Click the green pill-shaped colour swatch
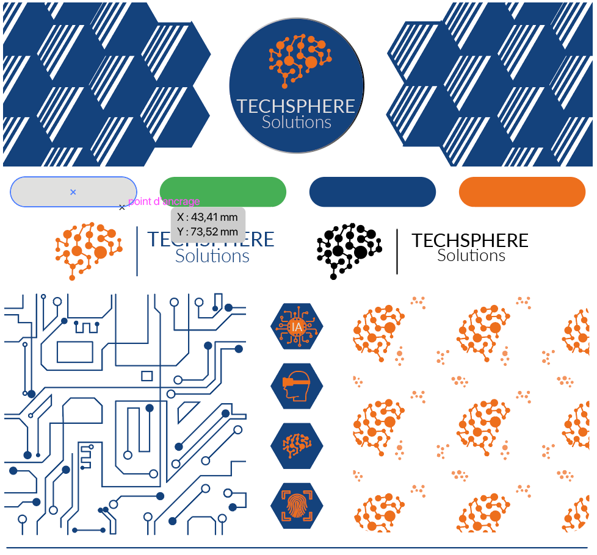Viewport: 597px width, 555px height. click(x=223, y=192)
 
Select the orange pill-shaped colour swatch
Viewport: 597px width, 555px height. click(x=522, y=192)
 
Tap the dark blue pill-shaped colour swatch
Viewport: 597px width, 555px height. click(x=372, y=192)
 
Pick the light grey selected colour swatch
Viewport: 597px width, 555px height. click(x=43, y=192)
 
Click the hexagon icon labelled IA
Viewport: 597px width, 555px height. click(x=297, y=326)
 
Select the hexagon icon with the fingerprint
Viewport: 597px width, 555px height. click(x=297, y=506)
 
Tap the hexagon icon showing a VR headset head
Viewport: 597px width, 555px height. click(x=297, y=386)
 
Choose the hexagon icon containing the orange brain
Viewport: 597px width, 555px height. click(x=297, y=446)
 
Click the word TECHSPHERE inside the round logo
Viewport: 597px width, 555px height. click(x=296, y=106)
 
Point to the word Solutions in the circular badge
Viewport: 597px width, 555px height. click(x=297, y=122)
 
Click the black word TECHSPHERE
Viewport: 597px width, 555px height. click(x=469, y=240)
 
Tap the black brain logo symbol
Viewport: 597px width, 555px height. click(x=349, y=251)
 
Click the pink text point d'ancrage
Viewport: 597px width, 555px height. click(x=164, y=202)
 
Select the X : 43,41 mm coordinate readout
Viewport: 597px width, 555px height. click(x=208, y=217)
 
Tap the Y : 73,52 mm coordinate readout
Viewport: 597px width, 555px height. click(x=208, y=232)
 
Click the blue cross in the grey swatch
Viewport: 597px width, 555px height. click(x=73, y=192)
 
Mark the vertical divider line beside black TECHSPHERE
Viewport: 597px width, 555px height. click(x=397, y=251)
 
